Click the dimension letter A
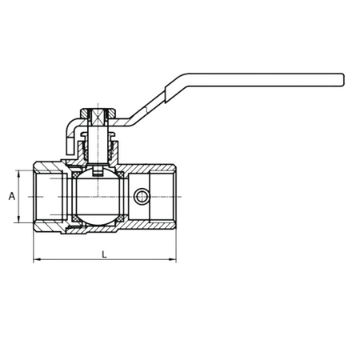(12, 196)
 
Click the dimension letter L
(104, 254)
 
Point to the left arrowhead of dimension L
(37, 259)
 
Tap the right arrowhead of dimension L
(173, 259)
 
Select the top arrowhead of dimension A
(18, 174)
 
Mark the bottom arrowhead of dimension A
(18, 218)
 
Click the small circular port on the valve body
(141, 197)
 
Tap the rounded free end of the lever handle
(342, 80)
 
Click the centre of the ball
(98, 197)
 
